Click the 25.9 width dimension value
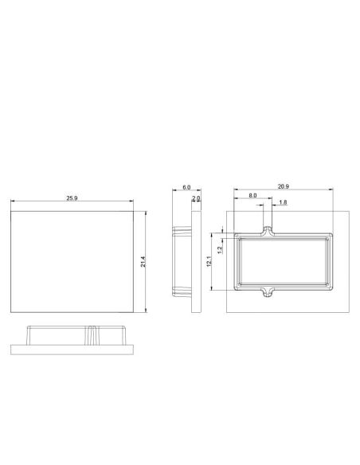(72, 197)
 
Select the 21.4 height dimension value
(143, 261)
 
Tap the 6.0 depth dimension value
(186, 187)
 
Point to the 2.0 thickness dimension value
(196, 197)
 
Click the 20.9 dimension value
(284, 186)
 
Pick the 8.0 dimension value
(252, 195)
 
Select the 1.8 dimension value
(283, 202)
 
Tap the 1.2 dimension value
(220, 250)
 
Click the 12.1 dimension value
(209, 261)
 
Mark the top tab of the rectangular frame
(268, 232)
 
